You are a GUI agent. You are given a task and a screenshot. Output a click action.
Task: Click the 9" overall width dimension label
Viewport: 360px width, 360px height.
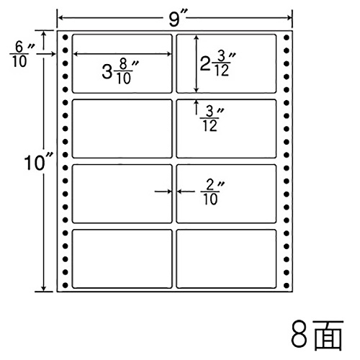point(175,18)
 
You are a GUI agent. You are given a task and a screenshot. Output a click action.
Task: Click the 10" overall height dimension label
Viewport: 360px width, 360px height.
point(38,162)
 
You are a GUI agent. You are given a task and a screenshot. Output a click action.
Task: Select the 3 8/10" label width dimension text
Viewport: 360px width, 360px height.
point(120,72)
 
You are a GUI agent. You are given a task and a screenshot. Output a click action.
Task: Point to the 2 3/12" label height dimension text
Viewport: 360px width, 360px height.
point(217,63)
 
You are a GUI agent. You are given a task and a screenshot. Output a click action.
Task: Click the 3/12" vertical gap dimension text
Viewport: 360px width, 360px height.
point(212,119)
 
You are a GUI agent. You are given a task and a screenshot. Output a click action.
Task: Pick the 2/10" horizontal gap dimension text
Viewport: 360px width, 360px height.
point(212,192)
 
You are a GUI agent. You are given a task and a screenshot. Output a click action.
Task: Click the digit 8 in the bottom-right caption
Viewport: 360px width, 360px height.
point(299,336)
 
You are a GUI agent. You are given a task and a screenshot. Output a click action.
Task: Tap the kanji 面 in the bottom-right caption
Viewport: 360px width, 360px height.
point(328,335)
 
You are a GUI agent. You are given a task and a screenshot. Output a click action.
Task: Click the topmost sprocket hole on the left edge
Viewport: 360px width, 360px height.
point(65,37)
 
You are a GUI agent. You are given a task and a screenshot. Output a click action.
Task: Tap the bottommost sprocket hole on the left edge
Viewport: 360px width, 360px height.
point(65,285)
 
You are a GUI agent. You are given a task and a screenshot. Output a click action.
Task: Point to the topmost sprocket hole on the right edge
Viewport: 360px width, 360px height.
point(287,37)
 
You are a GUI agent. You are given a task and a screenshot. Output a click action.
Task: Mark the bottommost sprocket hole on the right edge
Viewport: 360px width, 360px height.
point(287,285)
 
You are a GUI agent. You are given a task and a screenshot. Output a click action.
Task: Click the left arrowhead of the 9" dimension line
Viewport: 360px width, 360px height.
point(60,18)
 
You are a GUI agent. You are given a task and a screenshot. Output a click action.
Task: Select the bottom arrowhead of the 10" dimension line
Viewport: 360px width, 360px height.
point(43,288)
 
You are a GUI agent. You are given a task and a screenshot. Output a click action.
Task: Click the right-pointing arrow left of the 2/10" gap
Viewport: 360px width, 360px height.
point(163,192)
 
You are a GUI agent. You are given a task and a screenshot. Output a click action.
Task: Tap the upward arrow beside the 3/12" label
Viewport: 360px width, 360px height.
point(197,107)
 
